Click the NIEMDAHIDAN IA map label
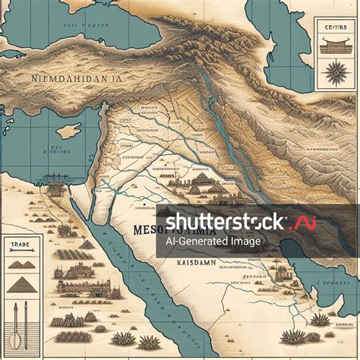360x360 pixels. [x=75, y=78]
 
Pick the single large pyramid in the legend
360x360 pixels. [x=23, y=286]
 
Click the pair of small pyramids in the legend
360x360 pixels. [x=23, y=265]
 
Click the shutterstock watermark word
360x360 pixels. [x=225, y=222]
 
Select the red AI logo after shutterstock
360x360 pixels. [x=305, y=223]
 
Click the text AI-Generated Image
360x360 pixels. [x=213, y=242]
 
